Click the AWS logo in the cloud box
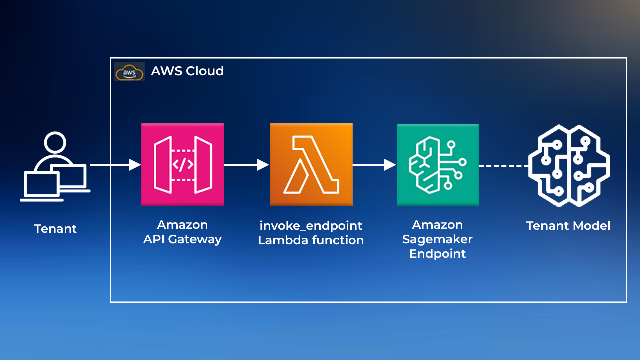pos(129,72)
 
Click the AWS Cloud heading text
pos(187,71)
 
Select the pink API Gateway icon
pos(183,164)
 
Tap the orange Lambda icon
pos(311,165)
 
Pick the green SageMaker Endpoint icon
pos(437,165)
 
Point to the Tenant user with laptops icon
pos(55,167)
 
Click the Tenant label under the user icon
pos(55,229)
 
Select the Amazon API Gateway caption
pos(182,232)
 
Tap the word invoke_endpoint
pos(311,225)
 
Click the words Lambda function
pos(311,240)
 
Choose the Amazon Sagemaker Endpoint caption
pos(437,239)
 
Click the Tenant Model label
pos(568,226)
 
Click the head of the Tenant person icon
pos(55,142)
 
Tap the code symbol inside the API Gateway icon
pos(183,164)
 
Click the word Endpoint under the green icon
pos(437,253)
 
